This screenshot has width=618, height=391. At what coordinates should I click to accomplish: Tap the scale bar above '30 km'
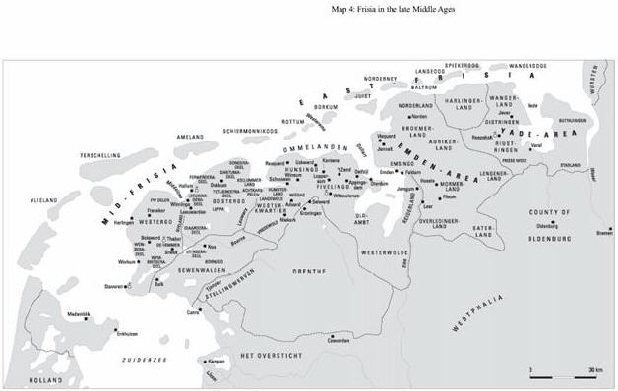(x=566, y=363)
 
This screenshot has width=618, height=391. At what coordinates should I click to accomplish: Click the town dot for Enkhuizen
(x=115, y=330)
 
